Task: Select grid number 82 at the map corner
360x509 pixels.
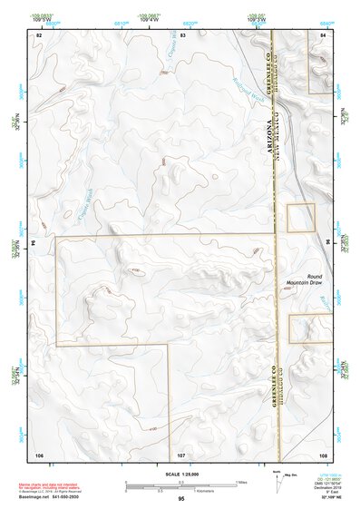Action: pos(39,34)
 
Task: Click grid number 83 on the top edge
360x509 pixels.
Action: pos(182,34)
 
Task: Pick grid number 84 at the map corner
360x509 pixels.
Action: pos(323,34)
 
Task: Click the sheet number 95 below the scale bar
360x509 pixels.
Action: pos(181,498)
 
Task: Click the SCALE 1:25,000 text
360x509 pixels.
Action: pos(180,474)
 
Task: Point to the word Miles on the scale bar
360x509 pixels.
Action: pos(240,481)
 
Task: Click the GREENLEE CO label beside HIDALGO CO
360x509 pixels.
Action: pos(272,387)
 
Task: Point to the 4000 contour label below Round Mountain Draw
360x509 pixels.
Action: pos(298,289)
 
